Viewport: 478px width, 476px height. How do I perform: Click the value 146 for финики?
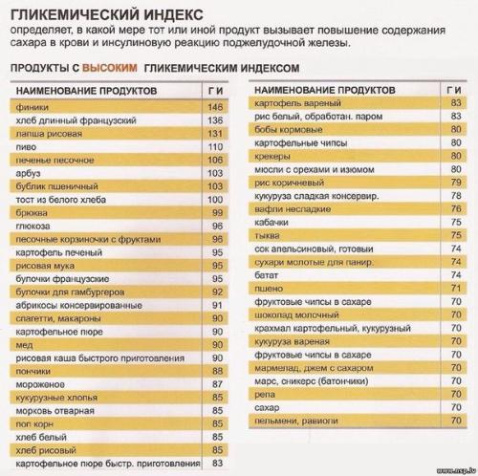coord(214,108)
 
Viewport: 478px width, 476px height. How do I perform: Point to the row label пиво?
coord(26,147)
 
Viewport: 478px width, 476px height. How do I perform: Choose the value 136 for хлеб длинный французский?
coord(214,121)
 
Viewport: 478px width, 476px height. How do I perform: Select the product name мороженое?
coord(38,383)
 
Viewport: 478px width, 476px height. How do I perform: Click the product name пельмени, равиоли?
coord(298,419)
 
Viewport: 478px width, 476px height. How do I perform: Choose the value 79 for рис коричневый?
coord(455,180)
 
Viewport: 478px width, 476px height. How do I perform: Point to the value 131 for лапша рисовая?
coord(214,135)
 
